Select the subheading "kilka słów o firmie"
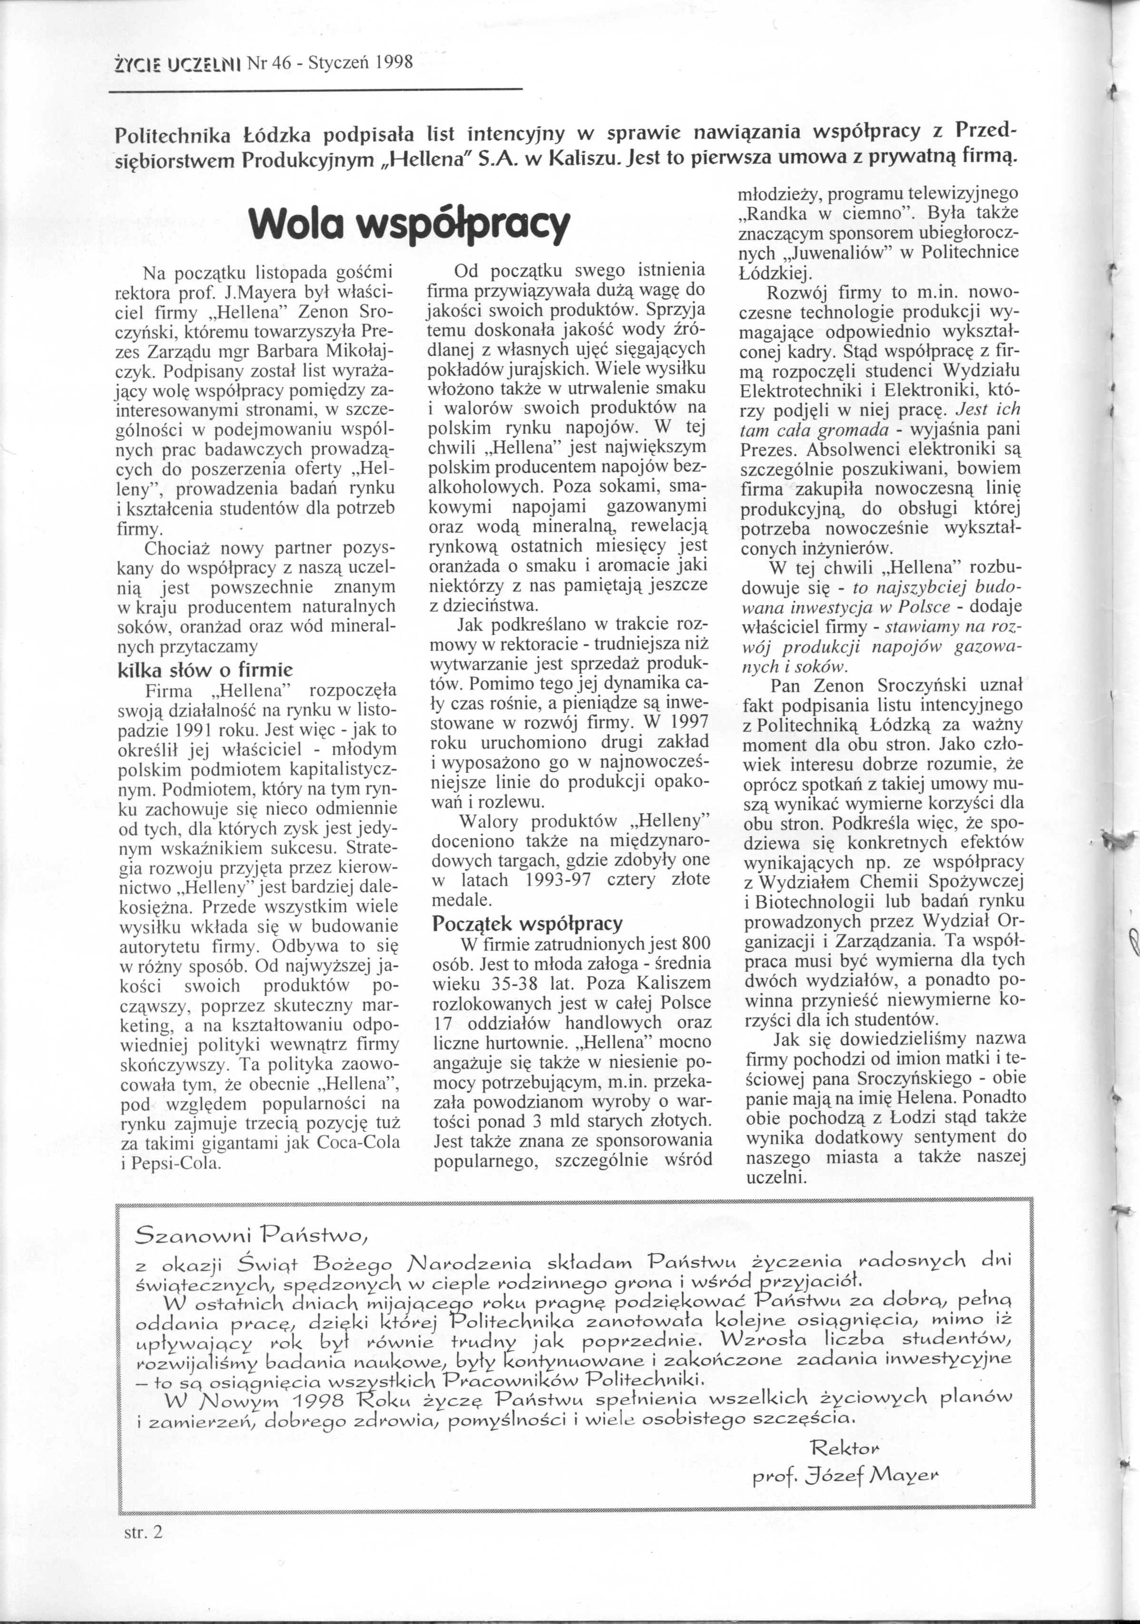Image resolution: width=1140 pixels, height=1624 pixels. click(x=205, y=669)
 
